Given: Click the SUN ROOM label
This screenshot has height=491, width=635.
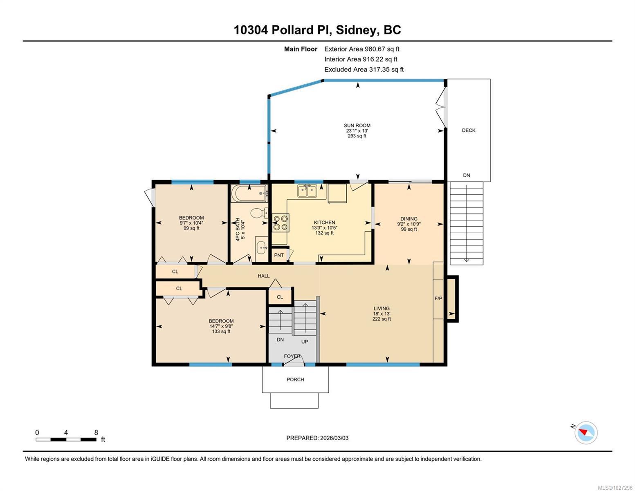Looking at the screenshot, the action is (357, 126).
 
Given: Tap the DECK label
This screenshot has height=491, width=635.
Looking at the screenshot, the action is (469, 131).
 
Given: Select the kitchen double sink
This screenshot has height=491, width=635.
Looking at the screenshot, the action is (307, 191).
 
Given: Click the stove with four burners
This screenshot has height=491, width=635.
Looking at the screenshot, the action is (280, 223).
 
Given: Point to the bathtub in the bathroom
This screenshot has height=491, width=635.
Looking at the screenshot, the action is (249, 193).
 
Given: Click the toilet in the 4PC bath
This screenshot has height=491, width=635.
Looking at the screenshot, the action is (259, 213).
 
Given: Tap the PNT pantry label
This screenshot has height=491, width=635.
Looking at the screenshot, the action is (279, 255).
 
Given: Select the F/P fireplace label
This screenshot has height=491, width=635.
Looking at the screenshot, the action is (438, 298).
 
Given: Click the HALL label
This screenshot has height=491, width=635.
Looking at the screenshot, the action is (263, 276).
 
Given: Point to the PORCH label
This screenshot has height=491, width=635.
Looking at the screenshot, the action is (295, 379).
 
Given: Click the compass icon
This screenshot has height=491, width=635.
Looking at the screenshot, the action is (586, 433).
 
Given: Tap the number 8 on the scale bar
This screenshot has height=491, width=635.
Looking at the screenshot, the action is (96, 432).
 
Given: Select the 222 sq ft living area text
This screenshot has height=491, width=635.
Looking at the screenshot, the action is (381, 319).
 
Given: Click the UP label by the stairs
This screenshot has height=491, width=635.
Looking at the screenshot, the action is (305, 342).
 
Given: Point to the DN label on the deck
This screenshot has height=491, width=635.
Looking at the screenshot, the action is (467, 175).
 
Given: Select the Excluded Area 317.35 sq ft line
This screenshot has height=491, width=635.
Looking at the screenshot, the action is (364, 69).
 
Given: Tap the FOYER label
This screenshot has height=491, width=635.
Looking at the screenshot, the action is (292, 356).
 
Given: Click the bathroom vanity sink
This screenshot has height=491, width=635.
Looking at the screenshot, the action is (262, 249).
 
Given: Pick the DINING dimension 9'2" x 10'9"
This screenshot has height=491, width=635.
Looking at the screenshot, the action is (408, 224).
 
